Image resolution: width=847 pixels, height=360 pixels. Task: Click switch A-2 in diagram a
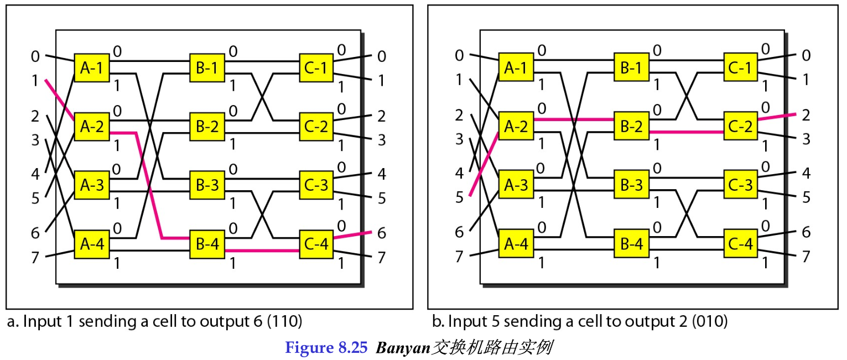point(92,127)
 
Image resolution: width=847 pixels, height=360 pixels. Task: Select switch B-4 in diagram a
point(207,244)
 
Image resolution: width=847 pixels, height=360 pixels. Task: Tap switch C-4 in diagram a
point(316,244)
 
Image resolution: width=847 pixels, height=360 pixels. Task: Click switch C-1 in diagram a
point(316,67)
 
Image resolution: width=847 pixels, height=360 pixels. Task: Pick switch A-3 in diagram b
point(516,185)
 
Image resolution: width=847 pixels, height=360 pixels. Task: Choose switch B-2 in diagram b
point(631,126)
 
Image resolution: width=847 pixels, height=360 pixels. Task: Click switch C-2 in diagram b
point(741,126)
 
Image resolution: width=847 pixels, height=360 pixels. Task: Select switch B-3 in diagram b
point(631,185)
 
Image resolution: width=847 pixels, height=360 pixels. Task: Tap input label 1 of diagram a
point(35,81)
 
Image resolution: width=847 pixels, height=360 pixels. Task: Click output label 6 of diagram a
point(382,233)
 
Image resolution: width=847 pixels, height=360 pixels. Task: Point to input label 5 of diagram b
point(459,197)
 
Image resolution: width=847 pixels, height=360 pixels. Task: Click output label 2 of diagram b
point(806,115)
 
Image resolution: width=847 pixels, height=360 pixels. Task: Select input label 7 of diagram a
point(35,258)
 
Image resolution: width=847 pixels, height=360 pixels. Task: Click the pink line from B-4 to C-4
point(262,251)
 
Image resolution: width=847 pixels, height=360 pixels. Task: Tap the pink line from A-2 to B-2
point(574,119)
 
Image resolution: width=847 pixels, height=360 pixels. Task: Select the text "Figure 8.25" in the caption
point(326,347)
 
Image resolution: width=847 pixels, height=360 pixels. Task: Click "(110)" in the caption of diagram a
point(285,321)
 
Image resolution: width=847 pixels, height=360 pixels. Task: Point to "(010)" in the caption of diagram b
point(710,321)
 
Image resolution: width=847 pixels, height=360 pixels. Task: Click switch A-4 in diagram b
point(516,243)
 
